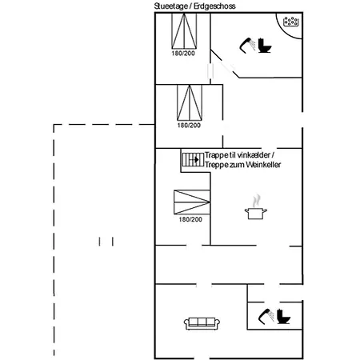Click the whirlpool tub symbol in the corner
click(x=290, y=22)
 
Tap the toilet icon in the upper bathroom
click(x=264, y=46)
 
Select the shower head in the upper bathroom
click(x=247, y=46)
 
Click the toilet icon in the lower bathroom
click(x=283, y=317)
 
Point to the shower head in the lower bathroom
click(x=266, y=317)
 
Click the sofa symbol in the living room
click(x=202, y=323)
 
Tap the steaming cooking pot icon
click(x=256, y=214)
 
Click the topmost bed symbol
click(x=184, y=31)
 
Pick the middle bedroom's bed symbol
click(x=190, y=103)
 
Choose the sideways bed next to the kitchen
click(x=192, y=202)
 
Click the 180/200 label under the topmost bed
click(x=183, y=54)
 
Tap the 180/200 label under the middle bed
click(x=189, y=126)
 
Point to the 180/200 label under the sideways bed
click(x=190, y=219)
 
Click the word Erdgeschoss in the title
click(x=214, y=6)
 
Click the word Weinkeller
click(x=263, y=165)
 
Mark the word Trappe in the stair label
click(x=216, y=155)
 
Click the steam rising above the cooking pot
click(x=257, y=201)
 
